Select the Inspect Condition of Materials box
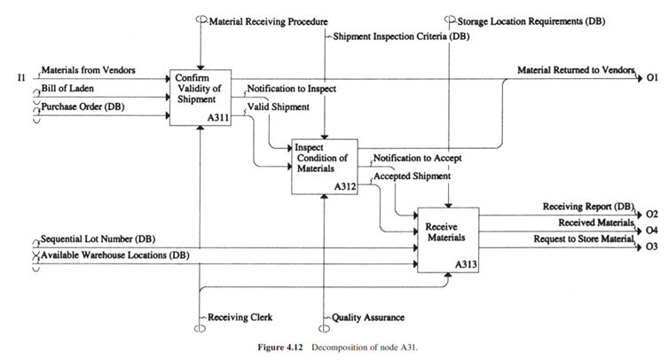click(324, 166)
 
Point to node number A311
click(217, 118)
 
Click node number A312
click(344, 186)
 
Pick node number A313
click(466, 263)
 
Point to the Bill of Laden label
click(68, 90)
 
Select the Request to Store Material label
click(584, 239)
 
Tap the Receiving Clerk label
click(237, 316)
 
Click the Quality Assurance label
click(369, 316)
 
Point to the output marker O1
click(652, 78)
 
